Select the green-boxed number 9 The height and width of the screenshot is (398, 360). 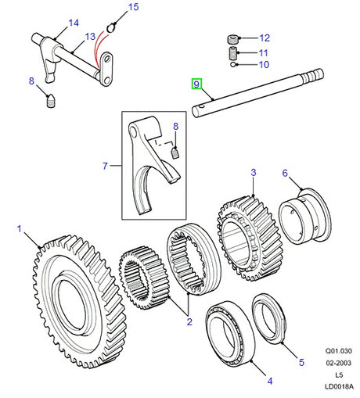196,84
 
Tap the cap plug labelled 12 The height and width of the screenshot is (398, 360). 233,39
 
